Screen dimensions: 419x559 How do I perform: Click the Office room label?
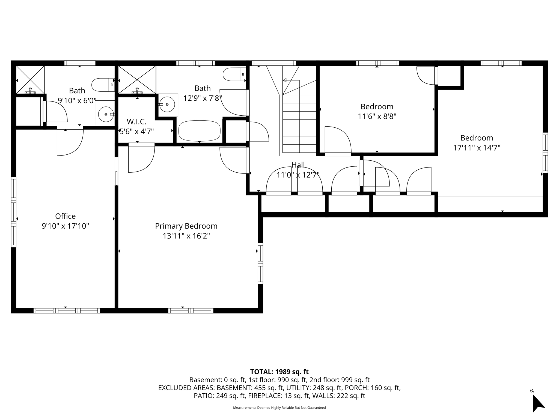point(65,216)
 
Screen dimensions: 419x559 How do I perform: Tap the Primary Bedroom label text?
point(186,226)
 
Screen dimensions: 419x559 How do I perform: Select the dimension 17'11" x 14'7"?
point(477,148)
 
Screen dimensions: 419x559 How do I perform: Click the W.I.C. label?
point(136,122)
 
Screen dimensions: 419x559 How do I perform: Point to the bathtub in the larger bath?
point(199,130)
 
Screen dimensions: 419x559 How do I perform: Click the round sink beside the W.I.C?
point(167,104)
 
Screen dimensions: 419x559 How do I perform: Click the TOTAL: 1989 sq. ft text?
point(279,372)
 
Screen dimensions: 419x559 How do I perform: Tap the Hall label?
point(298,165)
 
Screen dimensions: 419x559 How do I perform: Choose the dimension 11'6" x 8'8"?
point(377,116)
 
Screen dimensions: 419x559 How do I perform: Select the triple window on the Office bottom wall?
point(67,310)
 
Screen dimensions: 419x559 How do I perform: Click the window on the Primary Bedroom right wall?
point(260,264)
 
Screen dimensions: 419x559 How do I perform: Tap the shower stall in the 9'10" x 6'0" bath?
point(30,79)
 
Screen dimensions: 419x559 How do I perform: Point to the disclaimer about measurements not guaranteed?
point(279,408)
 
